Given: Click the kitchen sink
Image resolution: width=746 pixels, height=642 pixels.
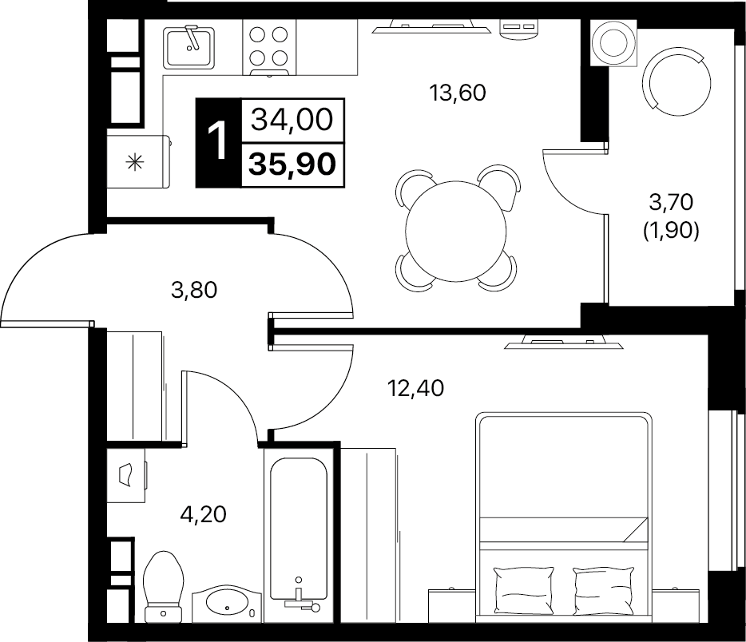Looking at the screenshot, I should pos(189,46).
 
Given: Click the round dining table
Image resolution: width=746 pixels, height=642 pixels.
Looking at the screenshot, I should pos(457,228).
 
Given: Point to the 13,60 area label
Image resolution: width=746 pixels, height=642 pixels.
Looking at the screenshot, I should pos(457,93).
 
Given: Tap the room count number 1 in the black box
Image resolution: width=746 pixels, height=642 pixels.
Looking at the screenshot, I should pos(217,142).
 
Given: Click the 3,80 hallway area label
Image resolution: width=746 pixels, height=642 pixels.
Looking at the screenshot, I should pos(195,291).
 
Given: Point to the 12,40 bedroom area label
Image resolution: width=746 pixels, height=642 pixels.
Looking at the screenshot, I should pos(415,389).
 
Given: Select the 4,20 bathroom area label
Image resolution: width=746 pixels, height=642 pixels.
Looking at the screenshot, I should pos(202,514).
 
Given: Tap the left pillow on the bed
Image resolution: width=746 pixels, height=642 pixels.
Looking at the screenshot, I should pos(524,585).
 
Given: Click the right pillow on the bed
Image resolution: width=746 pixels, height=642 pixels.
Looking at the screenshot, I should pos(603,585).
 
